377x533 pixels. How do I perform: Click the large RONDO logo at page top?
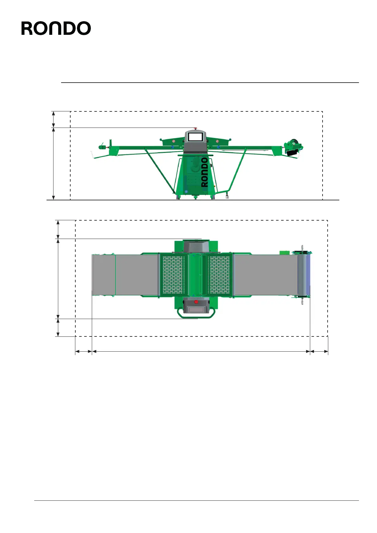tap(56, 28)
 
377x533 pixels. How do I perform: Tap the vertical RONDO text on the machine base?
tap(205, 172)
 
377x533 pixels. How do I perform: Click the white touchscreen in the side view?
tap(195, 137)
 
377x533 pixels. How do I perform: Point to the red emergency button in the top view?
tap(196, 302)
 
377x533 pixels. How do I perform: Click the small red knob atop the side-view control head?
tap(196, 129)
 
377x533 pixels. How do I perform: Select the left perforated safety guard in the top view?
tap(173, 275)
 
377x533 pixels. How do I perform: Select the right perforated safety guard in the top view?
tap(219, 275)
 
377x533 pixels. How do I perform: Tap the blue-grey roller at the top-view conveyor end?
tap(304, 275)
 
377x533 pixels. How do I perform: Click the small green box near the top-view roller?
tap(284, 252)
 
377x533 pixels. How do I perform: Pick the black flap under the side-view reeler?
tap(292, 153)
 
